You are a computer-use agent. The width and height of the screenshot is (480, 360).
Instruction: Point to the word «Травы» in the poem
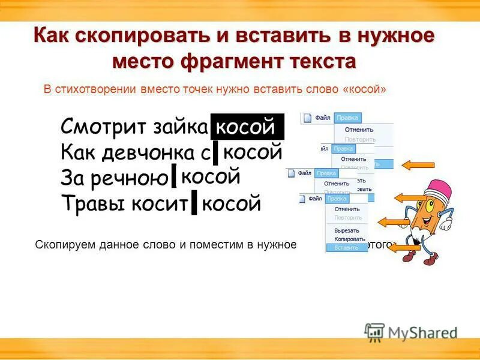88,205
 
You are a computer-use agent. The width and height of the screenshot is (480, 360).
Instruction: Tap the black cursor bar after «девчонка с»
215,153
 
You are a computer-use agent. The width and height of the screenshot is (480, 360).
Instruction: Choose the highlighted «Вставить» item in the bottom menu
346,247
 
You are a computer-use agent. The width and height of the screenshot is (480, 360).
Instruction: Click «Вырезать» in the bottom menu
347,230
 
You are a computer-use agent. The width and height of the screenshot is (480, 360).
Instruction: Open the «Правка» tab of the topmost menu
348,118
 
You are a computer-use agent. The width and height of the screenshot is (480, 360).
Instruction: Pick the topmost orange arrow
418,164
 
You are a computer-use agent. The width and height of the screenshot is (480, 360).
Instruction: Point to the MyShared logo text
422,332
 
